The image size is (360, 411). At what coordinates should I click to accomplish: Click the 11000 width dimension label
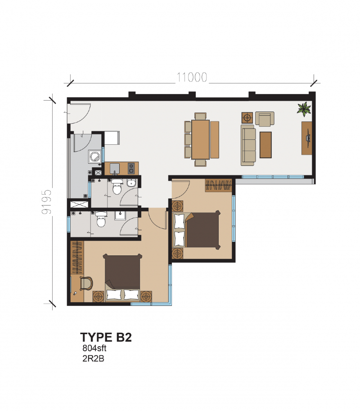192,77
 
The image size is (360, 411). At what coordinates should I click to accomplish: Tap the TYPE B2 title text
106,337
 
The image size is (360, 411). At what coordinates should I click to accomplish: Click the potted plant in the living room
304,109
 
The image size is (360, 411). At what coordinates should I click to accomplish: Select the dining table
201,139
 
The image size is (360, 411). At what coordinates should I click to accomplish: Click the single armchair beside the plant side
265,118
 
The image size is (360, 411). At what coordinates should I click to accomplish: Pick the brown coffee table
266,144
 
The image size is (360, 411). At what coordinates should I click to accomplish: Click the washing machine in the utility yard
95,156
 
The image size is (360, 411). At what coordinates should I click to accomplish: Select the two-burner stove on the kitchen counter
131,168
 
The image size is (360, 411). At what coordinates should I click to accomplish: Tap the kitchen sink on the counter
114,168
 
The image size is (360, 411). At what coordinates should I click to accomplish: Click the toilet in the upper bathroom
117,186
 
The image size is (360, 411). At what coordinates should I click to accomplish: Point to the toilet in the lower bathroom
100,220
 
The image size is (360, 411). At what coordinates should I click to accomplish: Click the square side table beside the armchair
247,118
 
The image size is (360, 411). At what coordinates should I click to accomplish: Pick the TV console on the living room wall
307,138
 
